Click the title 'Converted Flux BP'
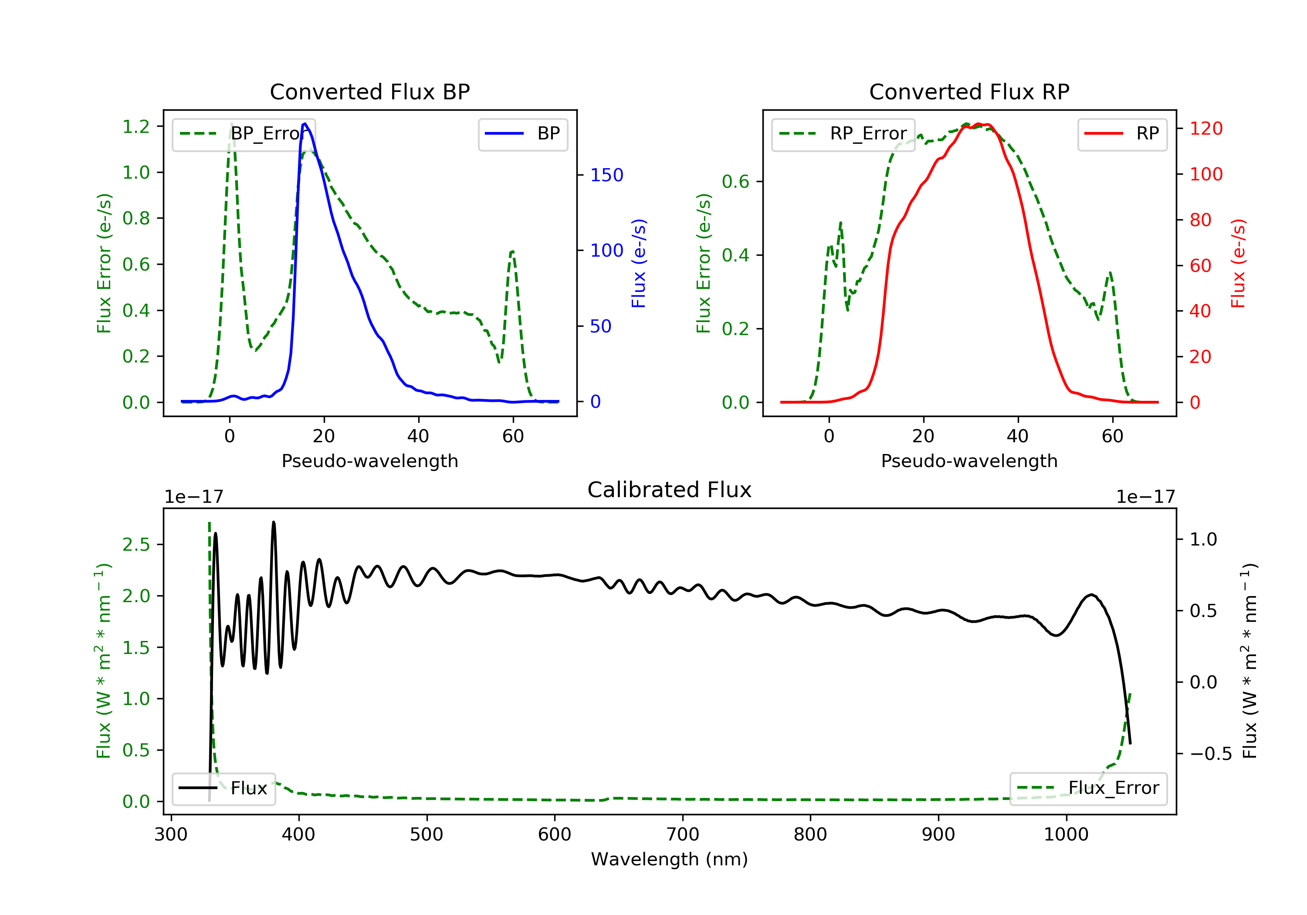click(369, 91)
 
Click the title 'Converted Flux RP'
click(969, 91)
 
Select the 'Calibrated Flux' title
click(670, 490)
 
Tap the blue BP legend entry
click(522, 134)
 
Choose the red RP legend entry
click(1122, 134)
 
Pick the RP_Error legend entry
click(843, 134)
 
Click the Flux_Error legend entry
click(1088, 788)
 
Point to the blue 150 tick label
click(607, 175)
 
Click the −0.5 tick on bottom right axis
click(1210, 754)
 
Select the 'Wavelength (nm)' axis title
click(670, 859)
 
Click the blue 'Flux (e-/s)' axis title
click(639, 264)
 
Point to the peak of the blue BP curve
click(305, 124)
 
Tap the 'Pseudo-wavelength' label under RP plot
click(969, 461)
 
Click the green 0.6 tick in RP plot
click(735, 182)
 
